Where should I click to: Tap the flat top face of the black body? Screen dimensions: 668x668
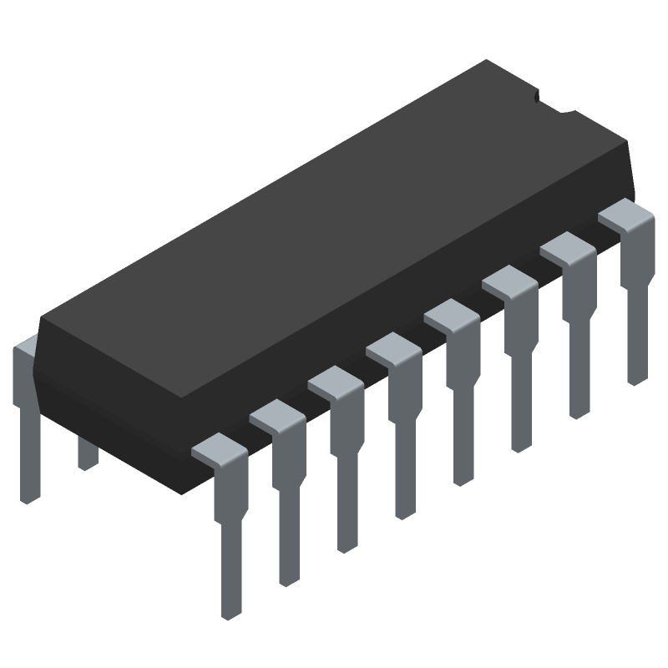[334, 225]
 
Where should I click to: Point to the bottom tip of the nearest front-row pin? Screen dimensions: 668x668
[227, 614]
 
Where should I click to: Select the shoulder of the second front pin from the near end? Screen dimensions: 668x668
[276, 414]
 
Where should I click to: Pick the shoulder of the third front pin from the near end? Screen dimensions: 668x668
[334, 381]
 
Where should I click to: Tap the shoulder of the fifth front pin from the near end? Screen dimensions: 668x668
[451, 314]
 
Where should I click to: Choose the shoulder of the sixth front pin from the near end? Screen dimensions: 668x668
[509, 281]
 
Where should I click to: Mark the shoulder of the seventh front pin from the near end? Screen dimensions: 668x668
[567, 247]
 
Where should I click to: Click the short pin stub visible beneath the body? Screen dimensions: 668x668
[87, 454]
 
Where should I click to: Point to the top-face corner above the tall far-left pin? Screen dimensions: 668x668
[42, 317]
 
